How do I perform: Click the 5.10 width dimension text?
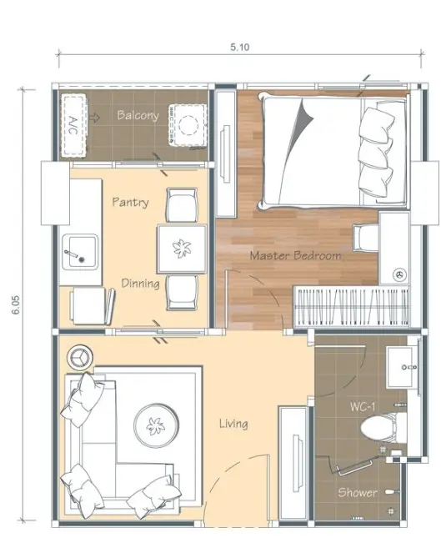[240, 47]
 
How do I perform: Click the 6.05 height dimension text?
[17, 305]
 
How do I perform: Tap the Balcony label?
[138, 115]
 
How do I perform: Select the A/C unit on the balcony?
[74, 126]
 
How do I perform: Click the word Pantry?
[131, 202]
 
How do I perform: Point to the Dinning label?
[140, 284]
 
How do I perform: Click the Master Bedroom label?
[295, 255]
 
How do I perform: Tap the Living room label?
[233, 424]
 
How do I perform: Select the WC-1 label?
[363, 406]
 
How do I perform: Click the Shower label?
[358, 492]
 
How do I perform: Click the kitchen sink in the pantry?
[80, 252]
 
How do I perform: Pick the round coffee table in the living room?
[155, 425]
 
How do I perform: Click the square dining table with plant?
[182, 249]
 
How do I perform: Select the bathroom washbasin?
[401, 367]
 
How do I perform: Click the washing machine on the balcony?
[188, 125]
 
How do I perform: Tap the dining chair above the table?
[182, 205]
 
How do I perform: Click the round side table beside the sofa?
[80, 357]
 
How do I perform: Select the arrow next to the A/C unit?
[94, 117]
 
